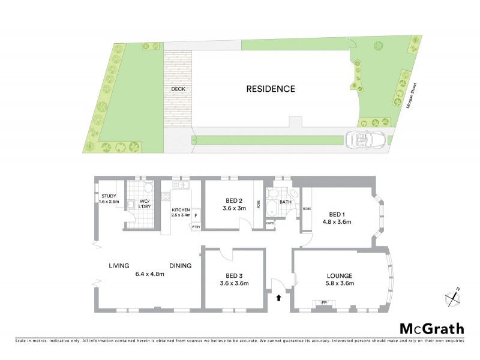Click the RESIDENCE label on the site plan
(271, 89)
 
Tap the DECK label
(178, 89)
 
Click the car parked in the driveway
(364, 140)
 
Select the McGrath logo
(432, 328)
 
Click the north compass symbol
(452, 296)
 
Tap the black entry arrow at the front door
(278, 297)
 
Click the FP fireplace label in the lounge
(325, 302)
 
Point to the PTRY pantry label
(196, 227)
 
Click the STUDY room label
(109, 196)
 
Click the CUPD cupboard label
(270, 223)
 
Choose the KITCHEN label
(181, 209)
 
